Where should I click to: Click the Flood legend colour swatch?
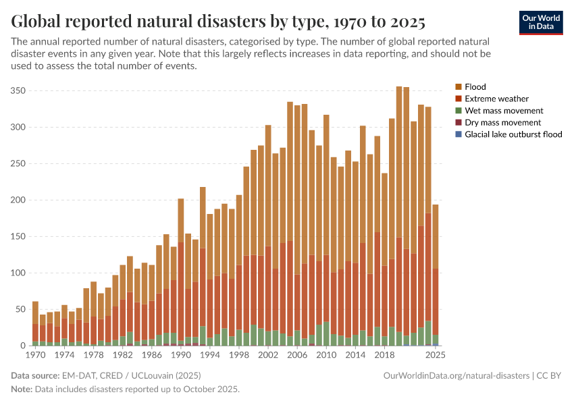pyautogui.click(x=459, y=87)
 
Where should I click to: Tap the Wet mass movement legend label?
pyautogui.click(x=503, y=111)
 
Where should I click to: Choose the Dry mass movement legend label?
pyautogui.click(x=503, y=123)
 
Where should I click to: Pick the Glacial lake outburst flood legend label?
pyautogui.click(x=513, y=134)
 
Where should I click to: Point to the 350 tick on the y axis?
pyautogui.click(x=18, y=90)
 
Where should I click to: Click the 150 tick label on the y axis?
pyautogui.click(x=18, y=236)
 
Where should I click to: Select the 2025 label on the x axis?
pyautogui.click(x=435, y=354)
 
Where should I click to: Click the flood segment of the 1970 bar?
pyautogui.click(x=36, y=313)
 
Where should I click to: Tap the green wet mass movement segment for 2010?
pyautogui.click(x=326, y=333)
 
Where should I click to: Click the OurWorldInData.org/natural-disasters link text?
pyautogui.click(x=456, y=375)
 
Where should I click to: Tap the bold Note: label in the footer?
pyautogui.click(x=22, y=389)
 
